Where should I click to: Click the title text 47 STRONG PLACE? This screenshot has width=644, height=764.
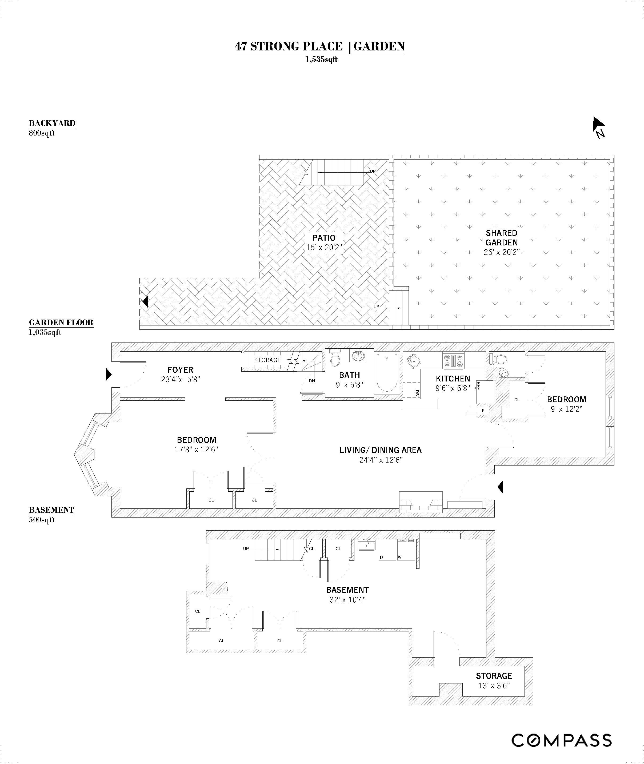[289, 46]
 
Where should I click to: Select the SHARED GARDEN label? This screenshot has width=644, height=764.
[502, 238]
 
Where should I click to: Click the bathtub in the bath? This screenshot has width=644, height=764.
[387, 372]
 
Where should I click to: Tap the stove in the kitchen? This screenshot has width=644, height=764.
[453, 360]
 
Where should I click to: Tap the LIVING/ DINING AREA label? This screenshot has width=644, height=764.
[381, 450]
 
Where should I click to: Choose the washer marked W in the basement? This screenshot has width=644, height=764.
[406, 550]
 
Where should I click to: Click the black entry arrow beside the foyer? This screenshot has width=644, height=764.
[109, 374]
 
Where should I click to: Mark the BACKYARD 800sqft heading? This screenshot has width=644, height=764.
[52, 128]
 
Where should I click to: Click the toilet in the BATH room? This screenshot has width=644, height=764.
[335, 357]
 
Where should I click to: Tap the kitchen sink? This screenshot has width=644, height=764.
[414, 361]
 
